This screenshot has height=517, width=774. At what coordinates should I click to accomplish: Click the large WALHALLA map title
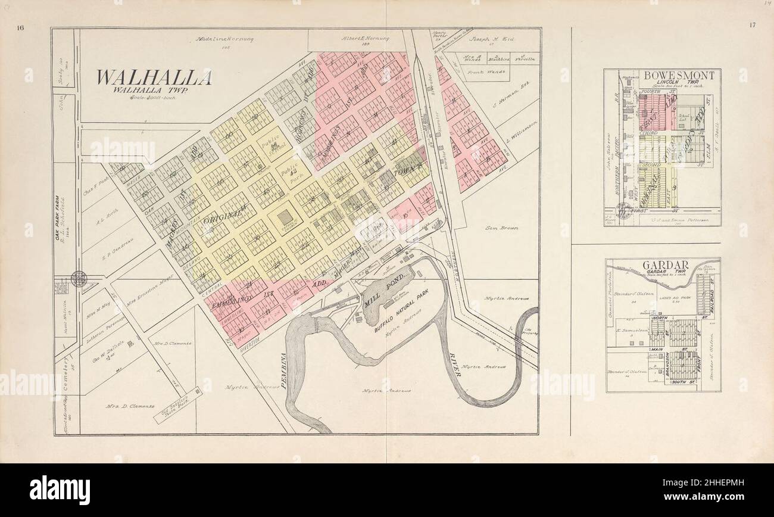154,78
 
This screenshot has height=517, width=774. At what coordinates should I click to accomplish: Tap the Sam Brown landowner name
501,228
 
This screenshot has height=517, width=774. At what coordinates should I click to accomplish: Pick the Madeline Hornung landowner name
224,39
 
